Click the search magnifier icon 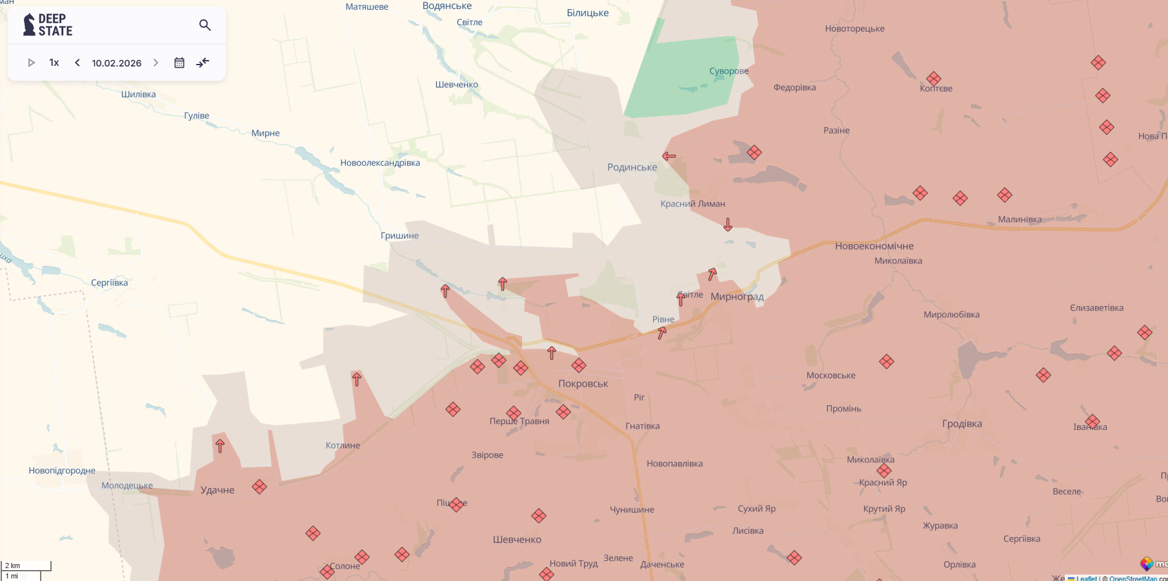[205, 25]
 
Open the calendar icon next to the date [179, 63]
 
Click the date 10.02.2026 [116, 63]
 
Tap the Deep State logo [48, 25]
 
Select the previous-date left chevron [77, 63]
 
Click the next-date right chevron [156, 63]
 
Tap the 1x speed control [54, 63]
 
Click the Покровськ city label [583, 383]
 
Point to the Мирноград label [737, 297]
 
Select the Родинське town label [632, 167]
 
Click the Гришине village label [399, 236]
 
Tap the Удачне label [217, 490]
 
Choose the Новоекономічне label [874, 246]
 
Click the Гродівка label [962, 423]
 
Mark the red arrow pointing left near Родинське [669, 156]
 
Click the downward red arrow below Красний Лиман [728, 225]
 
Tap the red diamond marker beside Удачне [259, 487]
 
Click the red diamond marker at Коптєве [933, 79]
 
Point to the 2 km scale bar [26, 566]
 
